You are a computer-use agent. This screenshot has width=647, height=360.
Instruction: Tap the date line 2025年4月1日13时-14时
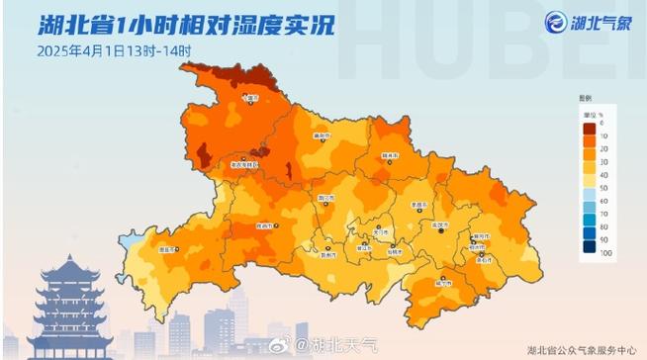114,49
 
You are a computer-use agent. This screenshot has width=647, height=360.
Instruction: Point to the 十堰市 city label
253,98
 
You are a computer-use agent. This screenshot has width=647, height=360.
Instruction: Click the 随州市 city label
390,155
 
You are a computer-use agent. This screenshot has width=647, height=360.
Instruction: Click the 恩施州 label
168,249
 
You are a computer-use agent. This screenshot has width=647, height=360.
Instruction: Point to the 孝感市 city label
417,205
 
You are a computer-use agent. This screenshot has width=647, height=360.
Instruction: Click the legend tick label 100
604,255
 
